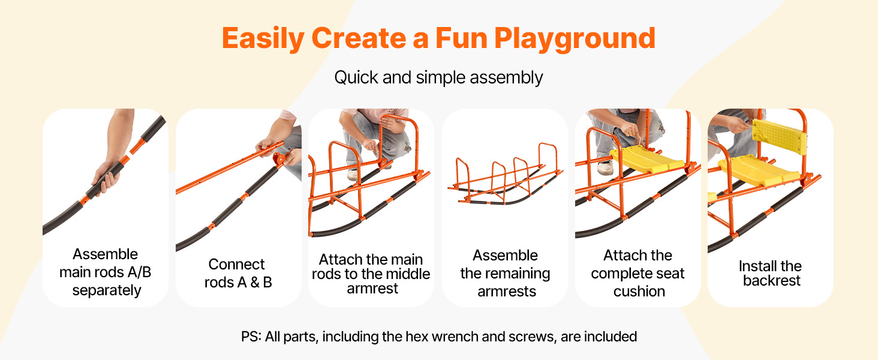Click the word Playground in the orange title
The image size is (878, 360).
coord(575,39)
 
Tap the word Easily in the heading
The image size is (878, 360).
coord(263,39)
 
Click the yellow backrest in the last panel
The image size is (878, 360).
coord(779,136)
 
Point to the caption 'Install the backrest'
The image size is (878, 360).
coord(771,274)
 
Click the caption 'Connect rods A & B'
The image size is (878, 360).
coord(238,274)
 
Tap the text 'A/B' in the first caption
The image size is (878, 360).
coord(139,272)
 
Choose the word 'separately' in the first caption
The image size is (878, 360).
coord(107,290)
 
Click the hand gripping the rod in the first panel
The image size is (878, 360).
coord(107,177)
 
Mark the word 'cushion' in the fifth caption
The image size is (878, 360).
coord(639,292)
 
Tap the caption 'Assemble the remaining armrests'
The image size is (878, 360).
coord(505,274)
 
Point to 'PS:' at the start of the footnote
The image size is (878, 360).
coord(251,337)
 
